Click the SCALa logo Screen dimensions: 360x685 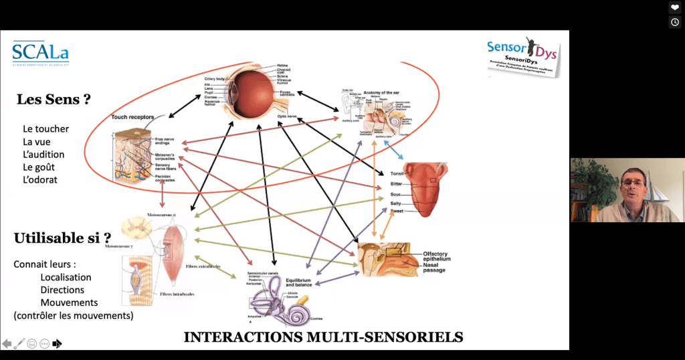[41, 53]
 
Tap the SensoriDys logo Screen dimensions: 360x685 [523, 56]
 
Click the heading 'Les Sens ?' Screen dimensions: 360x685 [54, 100]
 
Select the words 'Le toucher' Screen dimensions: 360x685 [45, 129]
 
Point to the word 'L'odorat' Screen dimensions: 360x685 [40, 180]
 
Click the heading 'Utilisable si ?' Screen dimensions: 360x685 [62, 238]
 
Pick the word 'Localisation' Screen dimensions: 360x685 [66, 277]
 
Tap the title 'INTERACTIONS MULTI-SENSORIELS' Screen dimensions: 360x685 [323, 336]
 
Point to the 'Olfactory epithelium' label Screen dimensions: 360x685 [437, 256]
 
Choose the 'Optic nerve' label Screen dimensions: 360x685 [288, 118]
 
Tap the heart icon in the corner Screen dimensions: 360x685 [675, 8]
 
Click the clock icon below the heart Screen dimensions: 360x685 [675, 22]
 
